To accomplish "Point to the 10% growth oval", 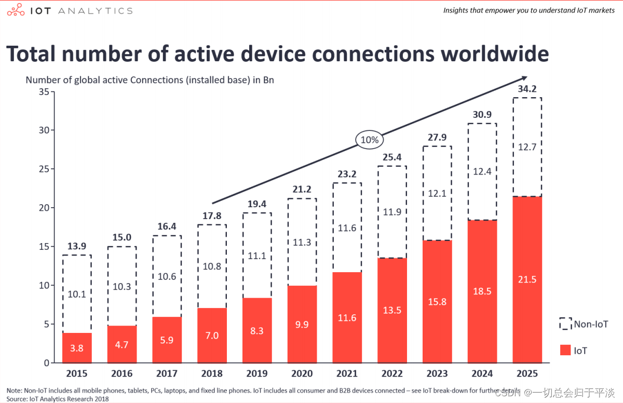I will point(369,140).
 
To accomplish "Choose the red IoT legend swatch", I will point(565,351).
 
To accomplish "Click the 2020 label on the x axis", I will point(302,373).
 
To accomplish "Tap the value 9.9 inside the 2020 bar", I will point(302,325).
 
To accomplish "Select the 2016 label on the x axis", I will point(122,373).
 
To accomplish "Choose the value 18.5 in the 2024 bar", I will point(482,291).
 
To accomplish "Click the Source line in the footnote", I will point(58,398).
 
